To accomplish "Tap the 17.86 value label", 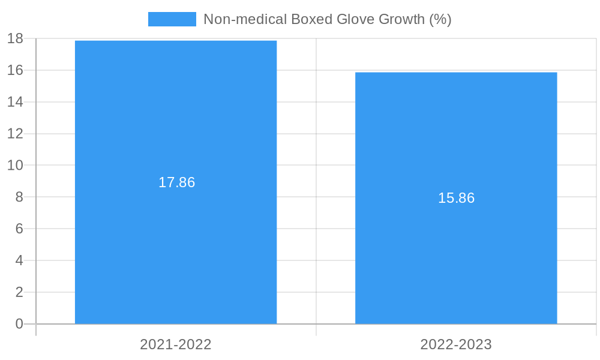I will click(x=176, y=182).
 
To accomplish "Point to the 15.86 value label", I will click(x=456, y=198).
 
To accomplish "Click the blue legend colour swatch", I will click(x=172, y=19).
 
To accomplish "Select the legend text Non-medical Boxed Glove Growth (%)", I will click(x=327, y=19).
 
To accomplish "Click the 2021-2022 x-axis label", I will click(x=176, y=344).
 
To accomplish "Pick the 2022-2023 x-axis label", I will click(x=456, y=344).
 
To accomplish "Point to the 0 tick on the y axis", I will click(x=19, y=324).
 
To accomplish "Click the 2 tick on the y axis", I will click(x=19, y=292).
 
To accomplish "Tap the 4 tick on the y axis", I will click(x=19, y=260).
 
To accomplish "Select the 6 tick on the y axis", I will click(x=19, y=229).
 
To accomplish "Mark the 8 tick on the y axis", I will click(x=19, y=197).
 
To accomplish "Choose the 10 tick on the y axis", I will click(x=15, y=165).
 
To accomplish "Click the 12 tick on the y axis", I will click(x=15, y=133).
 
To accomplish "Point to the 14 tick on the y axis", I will click(x=15, y=102).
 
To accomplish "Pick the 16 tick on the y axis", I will click(x=15, y=70).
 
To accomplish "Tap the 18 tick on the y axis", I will click(x=15, y=38).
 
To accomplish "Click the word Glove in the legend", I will click(x=356, y=19).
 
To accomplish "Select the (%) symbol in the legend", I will click(x=440, y=19).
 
